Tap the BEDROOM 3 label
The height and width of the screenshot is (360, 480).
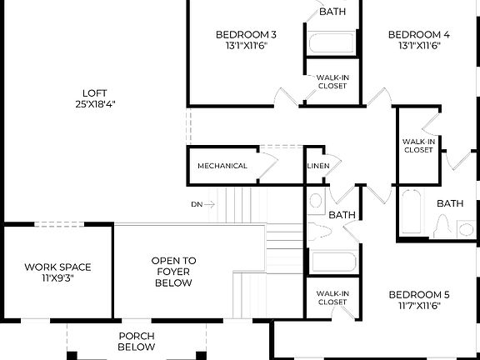246,34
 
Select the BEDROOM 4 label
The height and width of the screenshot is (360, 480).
419,34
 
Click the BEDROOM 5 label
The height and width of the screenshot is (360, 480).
418,294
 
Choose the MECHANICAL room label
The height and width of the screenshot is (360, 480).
222,166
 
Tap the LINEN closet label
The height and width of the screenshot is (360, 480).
317,166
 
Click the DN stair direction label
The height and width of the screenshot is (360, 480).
197,204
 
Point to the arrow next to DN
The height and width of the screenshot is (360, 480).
210,204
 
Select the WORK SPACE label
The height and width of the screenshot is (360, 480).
57,267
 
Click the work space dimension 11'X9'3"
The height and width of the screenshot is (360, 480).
57,278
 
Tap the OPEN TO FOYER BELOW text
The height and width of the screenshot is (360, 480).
172,272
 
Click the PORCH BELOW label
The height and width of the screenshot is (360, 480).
136,341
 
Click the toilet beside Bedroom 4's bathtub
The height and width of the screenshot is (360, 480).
445,226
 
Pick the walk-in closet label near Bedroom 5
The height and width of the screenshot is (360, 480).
332,297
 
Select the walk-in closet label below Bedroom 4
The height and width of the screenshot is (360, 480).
418,146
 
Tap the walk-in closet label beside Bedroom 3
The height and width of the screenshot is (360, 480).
332,81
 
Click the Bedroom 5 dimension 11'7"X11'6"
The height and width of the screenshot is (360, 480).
418,306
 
